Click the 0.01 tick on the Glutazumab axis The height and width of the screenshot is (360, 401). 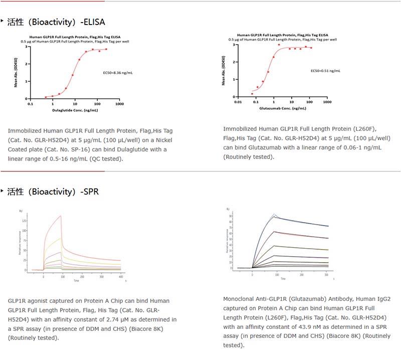[x=238, y=102]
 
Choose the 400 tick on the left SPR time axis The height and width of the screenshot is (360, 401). [x=121, y=276]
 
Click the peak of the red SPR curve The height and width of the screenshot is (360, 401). [x=61, y=216]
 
